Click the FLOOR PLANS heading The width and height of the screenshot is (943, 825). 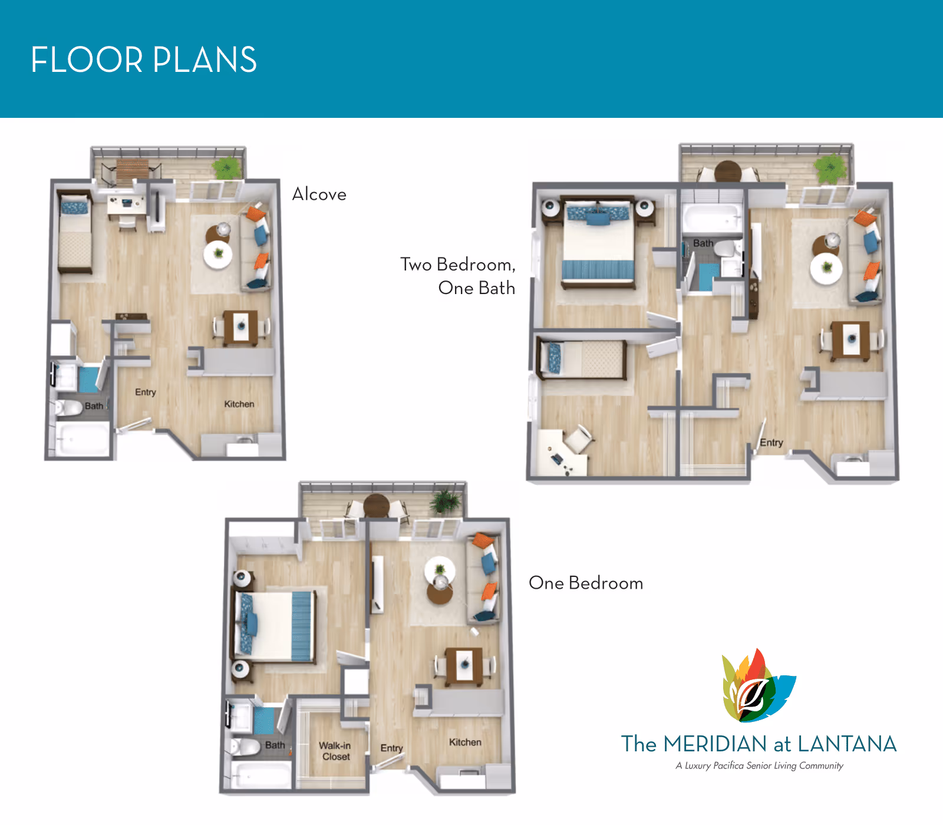(144, 60)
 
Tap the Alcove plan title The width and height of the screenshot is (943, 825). (319, 194)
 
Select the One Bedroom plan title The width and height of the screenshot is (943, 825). (585, 583)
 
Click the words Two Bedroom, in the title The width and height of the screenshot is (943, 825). (457, 264)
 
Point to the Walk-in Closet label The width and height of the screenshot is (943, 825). (335, 751)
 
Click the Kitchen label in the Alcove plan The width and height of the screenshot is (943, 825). (239, 404)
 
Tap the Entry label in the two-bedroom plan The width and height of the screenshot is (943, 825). (771, 442)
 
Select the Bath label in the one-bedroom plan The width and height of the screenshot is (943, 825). (275, 745)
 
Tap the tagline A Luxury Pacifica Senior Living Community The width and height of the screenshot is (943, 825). (759, 765)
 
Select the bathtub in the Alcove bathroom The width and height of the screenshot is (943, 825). (82, 439)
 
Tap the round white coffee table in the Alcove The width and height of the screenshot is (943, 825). (218, 255)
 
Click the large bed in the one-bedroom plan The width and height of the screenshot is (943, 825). (274, 626)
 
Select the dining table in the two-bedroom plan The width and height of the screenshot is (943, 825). (851, 339)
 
